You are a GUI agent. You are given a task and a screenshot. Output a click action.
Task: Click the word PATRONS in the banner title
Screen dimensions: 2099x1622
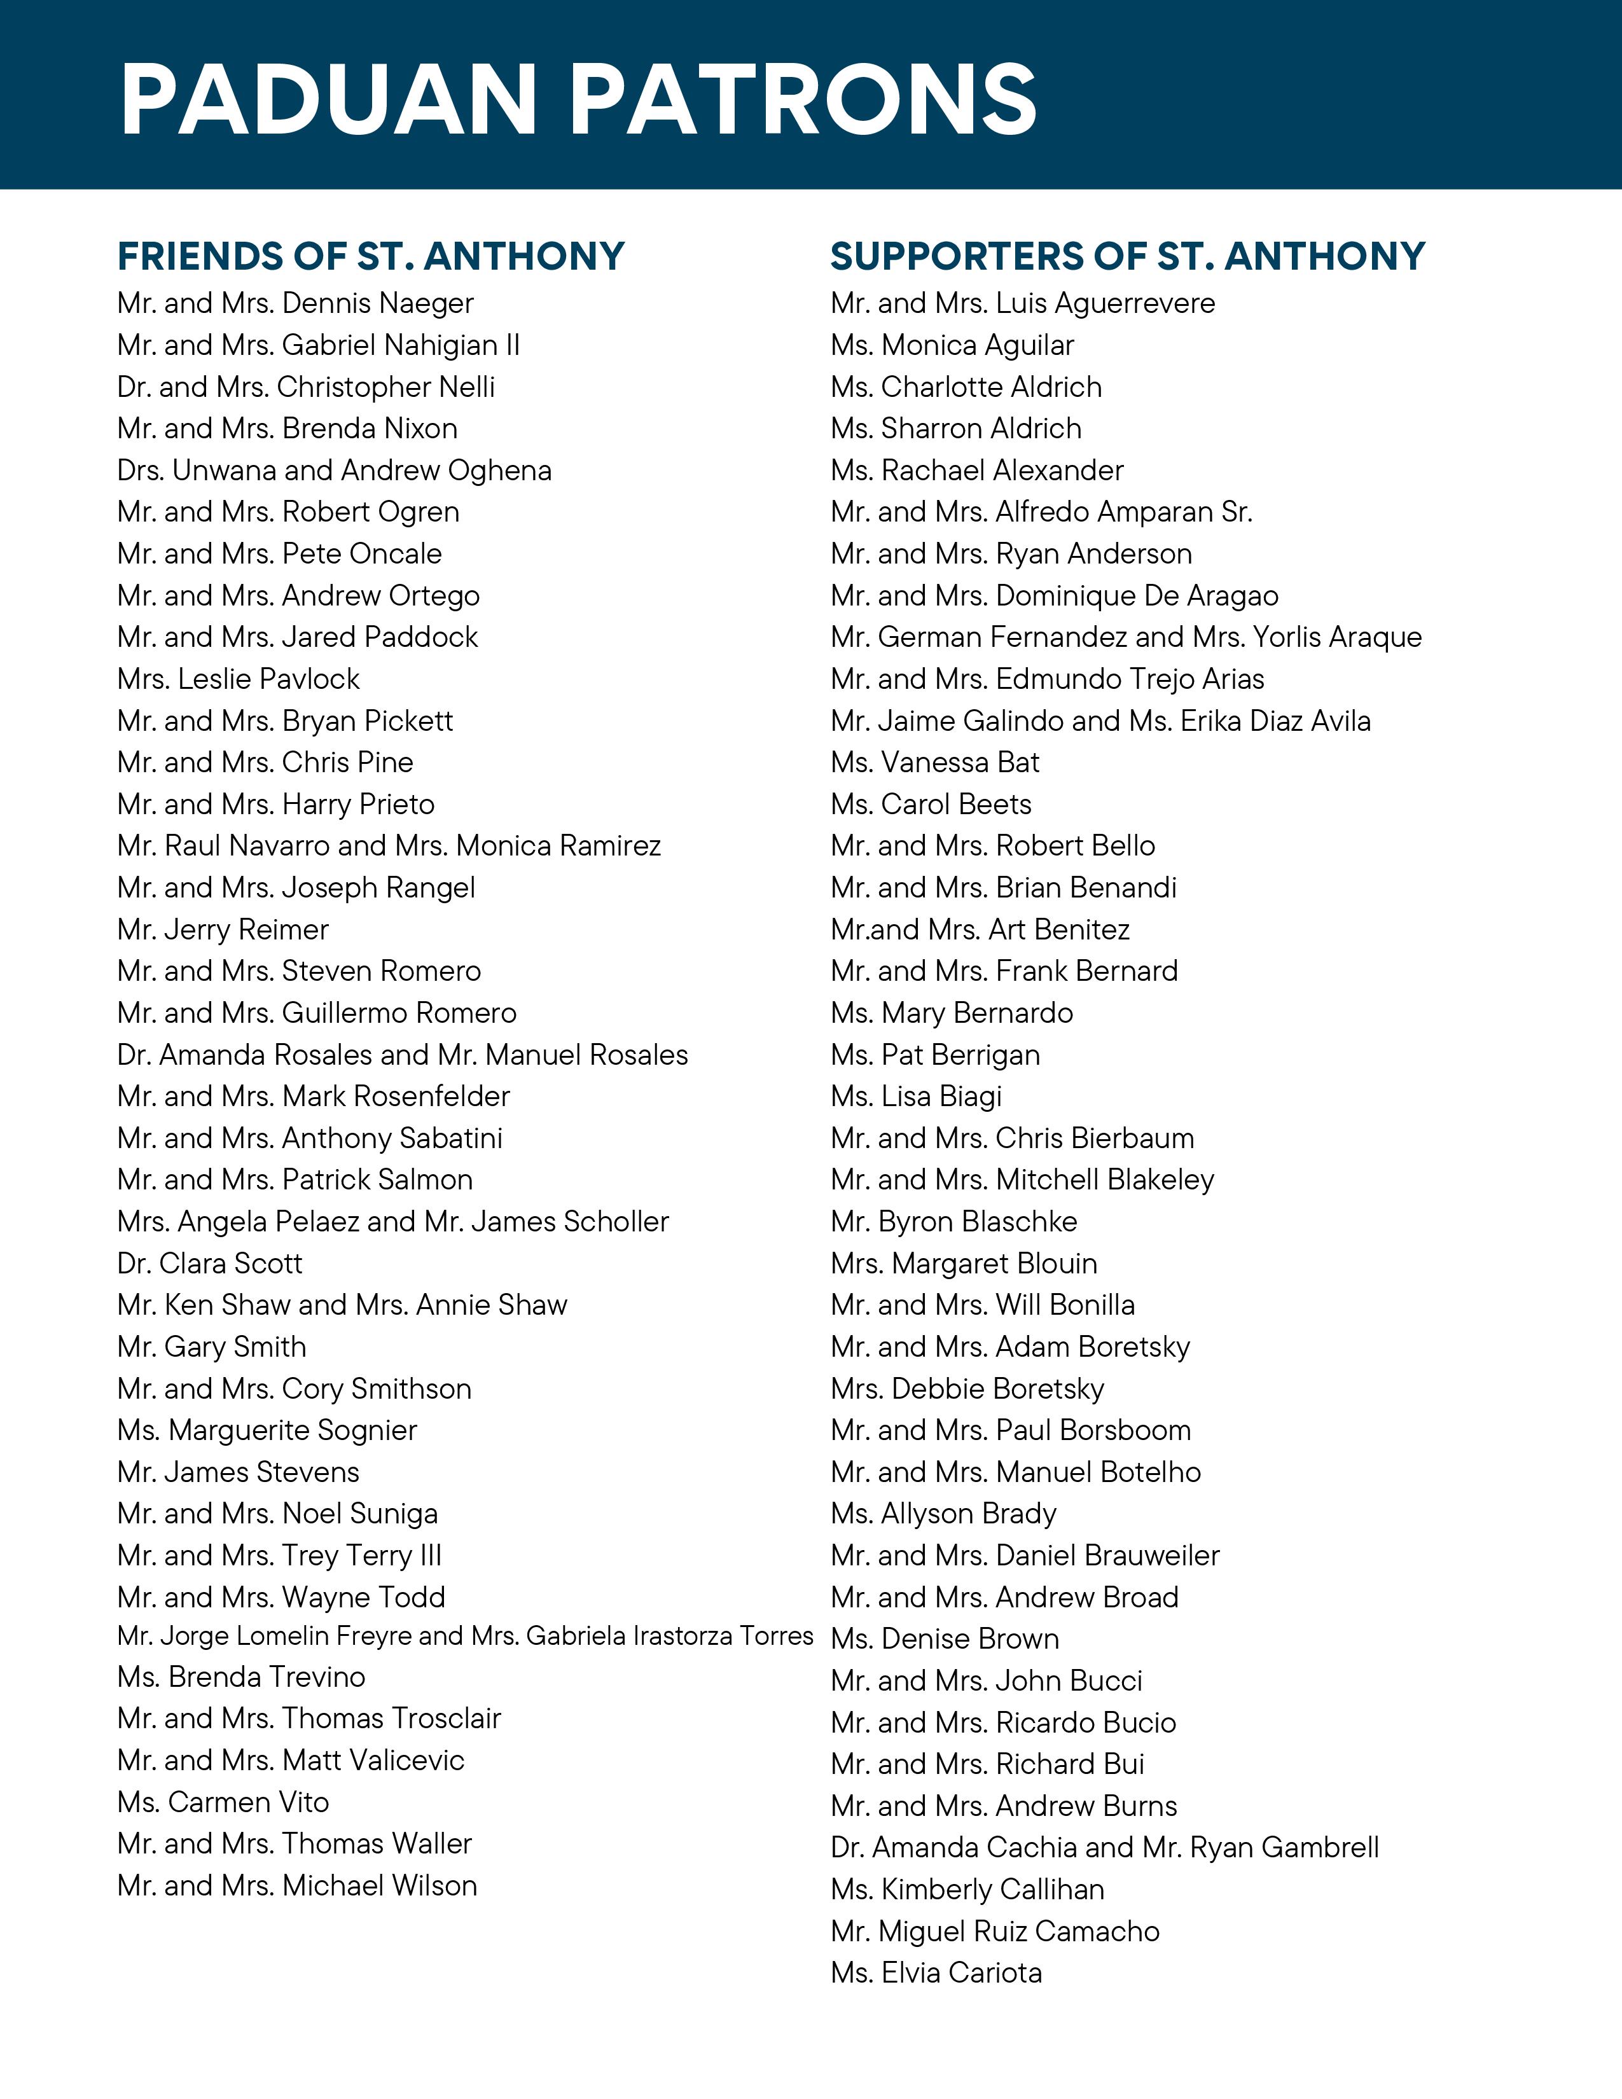[x=804, y=99]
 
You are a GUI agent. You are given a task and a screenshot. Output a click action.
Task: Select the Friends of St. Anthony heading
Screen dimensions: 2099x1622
[x=371, y=256]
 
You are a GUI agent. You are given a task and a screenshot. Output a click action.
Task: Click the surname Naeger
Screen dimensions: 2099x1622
[x=425, y=303]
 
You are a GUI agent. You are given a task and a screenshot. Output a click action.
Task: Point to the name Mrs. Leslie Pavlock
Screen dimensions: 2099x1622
[x=239, y=679]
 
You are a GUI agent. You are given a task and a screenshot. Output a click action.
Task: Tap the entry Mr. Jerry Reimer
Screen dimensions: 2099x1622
[x=223, y=929]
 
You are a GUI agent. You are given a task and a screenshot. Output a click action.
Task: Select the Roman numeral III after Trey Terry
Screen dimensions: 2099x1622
[x=431, y=1555]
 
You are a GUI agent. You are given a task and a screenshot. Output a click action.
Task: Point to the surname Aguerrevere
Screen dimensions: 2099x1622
[x=1134, y=303]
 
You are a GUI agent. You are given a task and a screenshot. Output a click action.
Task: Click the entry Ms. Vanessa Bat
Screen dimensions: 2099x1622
[x=935, y=763]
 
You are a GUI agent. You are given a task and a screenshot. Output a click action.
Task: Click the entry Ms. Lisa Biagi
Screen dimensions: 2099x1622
[x=916, y=1097]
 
